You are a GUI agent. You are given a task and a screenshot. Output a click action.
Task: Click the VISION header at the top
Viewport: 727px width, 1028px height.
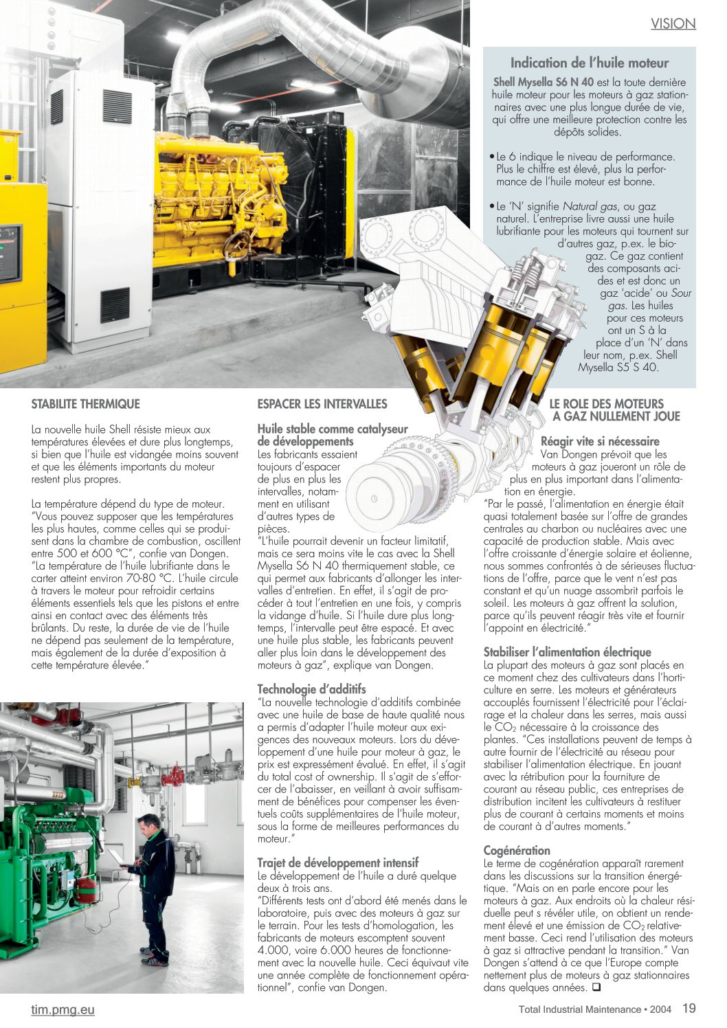tap(673, 24)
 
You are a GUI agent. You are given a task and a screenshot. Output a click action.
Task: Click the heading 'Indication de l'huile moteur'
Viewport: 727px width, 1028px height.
tap(589, 63)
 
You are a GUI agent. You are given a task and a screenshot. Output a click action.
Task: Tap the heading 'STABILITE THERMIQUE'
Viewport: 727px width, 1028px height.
tap(85, 404)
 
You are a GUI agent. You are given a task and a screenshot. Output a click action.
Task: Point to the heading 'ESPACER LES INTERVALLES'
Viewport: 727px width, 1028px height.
tap(322, 404)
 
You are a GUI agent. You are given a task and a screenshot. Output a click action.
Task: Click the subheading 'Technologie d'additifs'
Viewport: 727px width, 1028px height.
tap(311, 689)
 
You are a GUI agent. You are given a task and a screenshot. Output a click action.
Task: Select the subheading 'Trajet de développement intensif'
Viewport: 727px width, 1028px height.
tap(337, 862)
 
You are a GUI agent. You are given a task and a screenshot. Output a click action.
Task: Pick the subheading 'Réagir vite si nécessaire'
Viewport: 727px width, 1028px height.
tap(600, 441)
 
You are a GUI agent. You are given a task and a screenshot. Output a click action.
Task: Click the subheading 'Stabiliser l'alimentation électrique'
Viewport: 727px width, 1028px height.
tap(567, 652)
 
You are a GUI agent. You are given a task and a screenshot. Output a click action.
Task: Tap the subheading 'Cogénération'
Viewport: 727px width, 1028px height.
tap(517, 850)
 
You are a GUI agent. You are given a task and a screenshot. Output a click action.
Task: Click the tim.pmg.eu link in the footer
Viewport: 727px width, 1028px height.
tap(63, 1009)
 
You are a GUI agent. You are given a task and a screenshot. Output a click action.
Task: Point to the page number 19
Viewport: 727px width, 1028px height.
tap(689, 1009)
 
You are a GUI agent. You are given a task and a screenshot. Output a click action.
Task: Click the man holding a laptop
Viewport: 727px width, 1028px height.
tap(152, 886)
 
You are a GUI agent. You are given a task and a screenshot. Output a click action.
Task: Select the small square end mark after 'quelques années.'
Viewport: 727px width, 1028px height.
tap(595, 988)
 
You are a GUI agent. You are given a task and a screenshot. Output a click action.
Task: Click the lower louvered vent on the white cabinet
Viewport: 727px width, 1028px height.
tap(115, 303)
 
